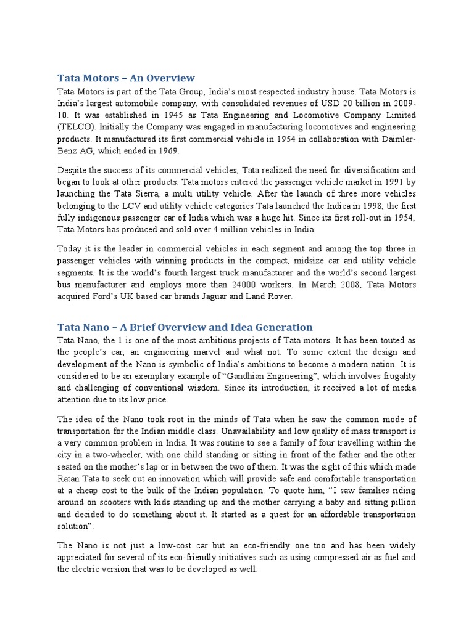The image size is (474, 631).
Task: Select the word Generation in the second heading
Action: (x=282, y=327)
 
